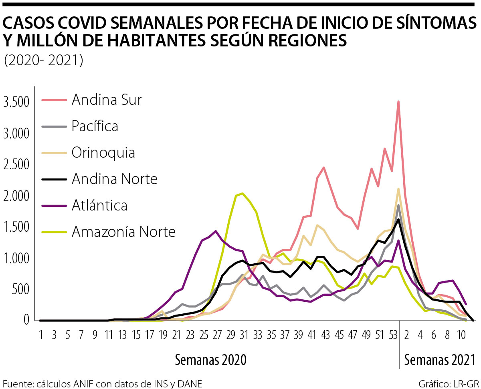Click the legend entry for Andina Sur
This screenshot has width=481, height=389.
(x=107, y=100)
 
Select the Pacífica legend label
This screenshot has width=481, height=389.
(x=95, y=126)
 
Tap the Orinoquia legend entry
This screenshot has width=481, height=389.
(x=103, y=152)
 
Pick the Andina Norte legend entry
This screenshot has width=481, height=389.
(x=115, y=179)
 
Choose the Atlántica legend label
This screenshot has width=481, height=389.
(x=99, y=205)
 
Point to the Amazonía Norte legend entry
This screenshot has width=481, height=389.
(x=123, y=232)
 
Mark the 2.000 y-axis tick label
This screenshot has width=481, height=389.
(x=16, y=197)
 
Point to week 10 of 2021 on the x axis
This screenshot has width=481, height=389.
(x=461, y=335)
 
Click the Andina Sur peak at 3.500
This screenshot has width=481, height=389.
(x=398, y=102)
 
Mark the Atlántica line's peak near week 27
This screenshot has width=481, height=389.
(x=216, y=231)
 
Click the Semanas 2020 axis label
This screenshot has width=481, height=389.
(x=210, y=360)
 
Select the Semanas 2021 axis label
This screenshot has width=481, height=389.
(x=440, y=360)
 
